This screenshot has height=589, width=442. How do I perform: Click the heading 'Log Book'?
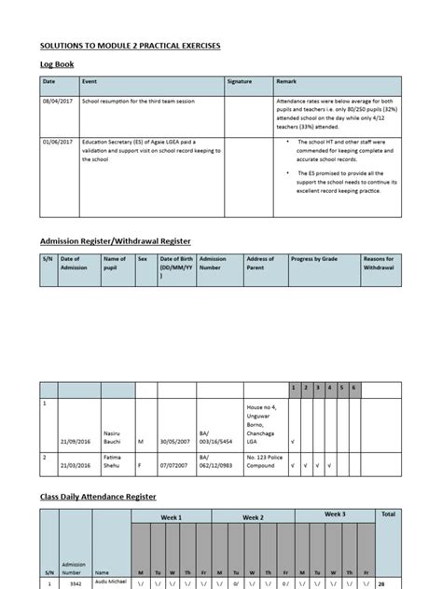[55, 64]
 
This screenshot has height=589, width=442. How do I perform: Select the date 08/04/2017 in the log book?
[57, 100]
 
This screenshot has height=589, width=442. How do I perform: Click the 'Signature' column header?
[241, 82]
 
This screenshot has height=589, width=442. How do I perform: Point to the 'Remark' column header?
[287, 82]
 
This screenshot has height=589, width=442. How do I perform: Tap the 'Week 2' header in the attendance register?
[254, 517]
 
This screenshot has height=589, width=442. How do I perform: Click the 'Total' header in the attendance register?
[388, 514]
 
